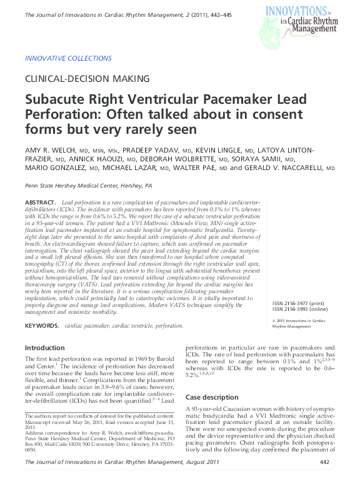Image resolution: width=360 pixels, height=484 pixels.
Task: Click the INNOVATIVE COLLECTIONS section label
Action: [x=68, y=58]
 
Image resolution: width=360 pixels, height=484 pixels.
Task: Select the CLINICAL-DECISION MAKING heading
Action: [x=87, y=79]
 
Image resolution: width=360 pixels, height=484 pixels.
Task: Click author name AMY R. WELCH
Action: [x=51, y=151]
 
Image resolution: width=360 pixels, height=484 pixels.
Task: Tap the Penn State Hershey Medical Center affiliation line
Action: [x=88, y=186]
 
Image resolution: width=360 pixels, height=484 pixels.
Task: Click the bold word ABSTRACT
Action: [x=40, y=204]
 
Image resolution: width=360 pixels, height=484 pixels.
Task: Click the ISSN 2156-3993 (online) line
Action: [x=302, y=310]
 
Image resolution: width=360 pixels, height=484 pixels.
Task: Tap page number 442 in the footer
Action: [x=324, y=462]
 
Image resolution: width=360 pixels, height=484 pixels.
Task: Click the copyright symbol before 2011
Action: [x=274, y=321]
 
